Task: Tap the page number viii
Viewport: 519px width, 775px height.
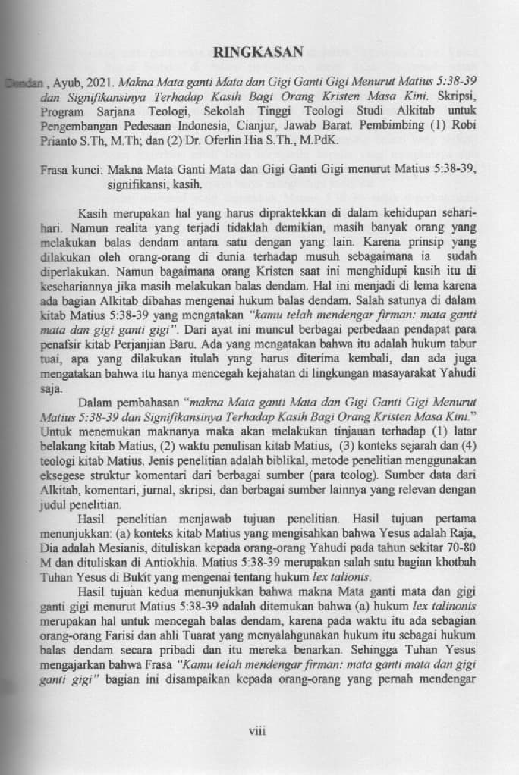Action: [x=259, y=730]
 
